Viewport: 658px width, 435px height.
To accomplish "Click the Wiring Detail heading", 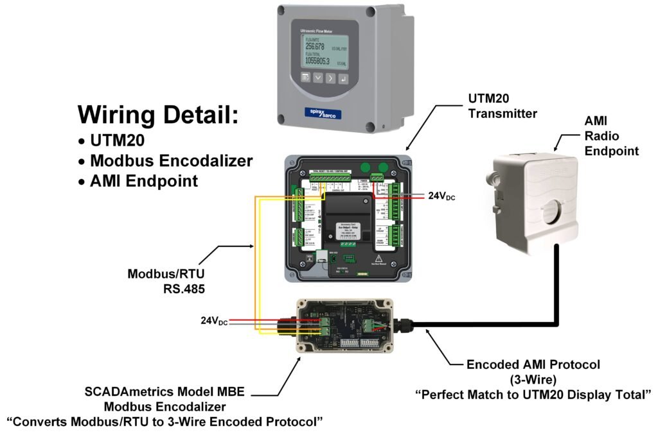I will (158, 115).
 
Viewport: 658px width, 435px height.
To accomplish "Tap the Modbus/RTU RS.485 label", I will (166, 282).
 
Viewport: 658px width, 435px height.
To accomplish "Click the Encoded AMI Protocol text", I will (533, 364).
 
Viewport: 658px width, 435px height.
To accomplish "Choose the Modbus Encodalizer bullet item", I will (171, 160).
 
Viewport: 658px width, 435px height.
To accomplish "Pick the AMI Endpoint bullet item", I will (144, 181).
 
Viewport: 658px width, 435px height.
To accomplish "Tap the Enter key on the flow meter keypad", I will (344, 78).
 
